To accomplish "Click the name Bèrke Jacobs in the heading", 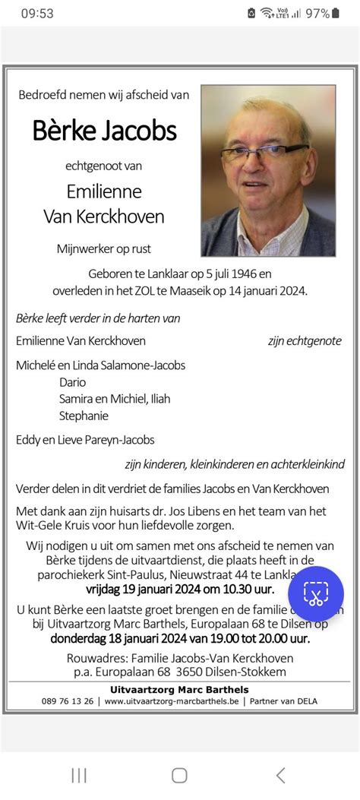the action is tap(104, 131).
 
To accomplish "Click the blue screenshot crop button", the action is tap(315, 593).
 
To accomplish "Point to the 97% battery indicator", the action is tap(318, 13).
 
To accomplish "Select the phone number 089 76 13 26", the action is tap(68, 700).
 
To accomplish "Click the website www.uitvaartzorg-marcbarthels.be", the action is tap(174, 700).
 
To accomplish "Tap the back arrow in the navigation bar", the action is tap(281, 775).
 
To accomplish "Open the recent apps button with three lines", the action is tap(78, 775).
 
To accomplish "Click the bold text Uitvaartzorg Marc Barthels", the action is tap(179, 688).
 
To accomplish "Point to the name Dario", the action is tap(73, 382).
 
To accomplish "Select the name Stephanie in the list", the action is tap(84, 416).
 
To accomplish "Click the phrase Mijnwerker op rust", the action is tap(109, 248).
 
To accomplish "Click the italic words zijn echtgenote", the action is tap(305, 341).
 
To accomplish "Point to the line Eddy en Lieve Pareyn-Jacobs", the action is tap(85, 439).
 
